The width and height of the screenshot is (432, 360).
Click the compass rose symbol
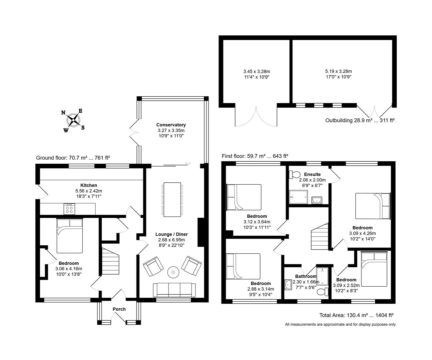(73, 120)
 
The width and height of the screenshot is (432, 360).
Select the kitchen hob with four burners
(69, 209)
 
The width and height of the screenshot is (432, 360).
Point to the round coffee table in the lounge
(173, 272)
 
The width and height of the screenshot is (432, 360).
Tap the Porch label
(119, 309)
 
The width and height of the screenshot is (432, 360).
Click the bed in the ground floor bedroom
(69, 236)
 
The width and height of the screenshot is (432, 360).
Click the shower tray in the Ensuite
(296, 197)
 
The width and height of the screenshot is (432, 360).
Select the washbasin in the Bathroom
(288, 284)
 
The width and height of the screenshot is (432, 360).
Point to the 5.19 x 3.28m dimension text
(338, 71)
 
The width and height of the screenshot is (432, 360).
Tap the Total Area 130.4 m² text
(357, 315)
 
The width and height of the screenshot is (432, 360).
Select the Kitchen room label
(89, 185)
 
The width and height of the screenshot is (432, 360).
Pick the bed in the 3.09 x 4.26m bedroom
(373, 206)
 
